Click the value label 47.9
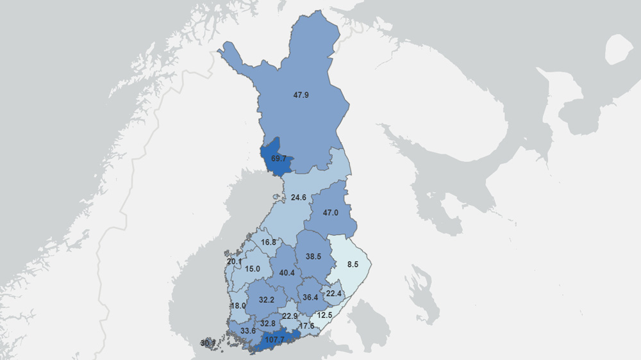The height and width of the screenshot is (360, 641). point(301,95)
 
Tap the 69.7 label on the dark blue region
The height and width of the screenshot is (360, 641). point(278,158)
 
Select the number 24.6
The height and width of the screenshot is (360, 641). point(298,197)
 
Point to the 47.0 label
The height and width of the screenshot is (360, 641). point(331,213)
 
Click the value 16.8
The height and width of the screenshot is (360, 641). point(268,242)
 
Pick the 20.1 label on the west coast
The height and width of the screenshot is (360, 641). point(234,261)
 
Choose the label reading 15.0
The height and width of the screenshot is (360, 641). point(253,269)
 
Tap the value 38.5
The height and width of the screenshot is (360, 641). point(313,256)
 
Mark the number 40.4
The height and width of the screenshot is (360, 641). point(287,273)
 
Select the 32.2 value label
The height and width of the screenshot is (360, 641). point(267,299)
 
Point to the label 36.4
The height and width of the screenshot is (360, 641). point(311,297)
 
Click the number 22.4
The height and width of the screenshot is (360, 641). point(334,293)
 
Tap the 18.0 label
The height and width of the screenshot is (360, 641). point(238,306)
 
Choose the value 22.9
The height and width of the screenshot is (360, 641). point(290,316)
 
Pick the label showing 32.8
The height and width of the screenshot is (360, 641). point(268,323)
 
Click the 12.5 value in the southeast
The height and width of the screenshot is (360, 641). point(326,315)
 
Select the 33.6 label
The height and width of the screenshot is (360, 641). point(247,331)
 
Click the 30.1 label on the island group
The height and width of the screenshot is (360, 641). point(207,343)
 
